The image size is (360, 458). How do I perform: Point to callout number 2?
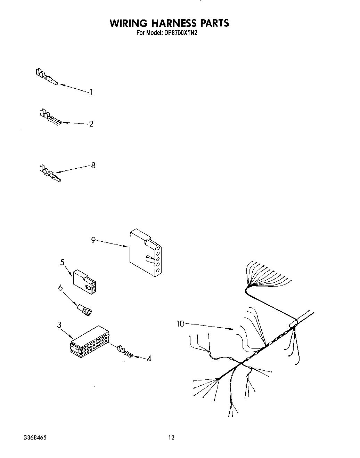91,124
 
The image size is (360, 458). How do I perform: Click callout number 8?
93,166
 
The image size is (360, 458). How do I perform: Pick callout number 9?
93,240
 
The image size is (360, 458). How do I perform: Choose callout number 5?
63,262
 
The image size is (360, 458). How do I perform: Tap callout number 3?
59,325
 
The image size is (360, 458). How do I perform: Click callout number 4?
149,358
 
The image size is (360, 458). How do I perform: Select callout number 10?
180,324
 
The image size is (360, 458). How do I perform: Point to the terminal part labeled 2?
50,117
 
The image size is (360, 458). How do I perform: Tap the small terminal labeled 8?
50,174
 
